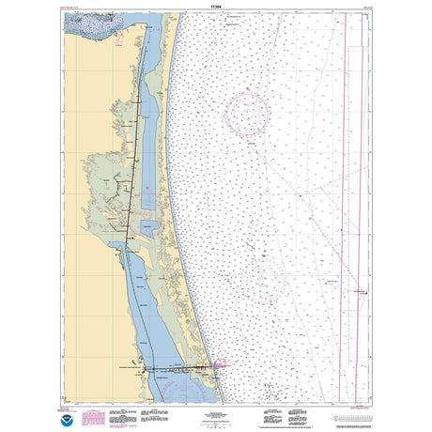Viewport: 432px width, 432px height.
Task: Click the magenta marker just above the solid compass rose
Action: coord(247,88)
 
